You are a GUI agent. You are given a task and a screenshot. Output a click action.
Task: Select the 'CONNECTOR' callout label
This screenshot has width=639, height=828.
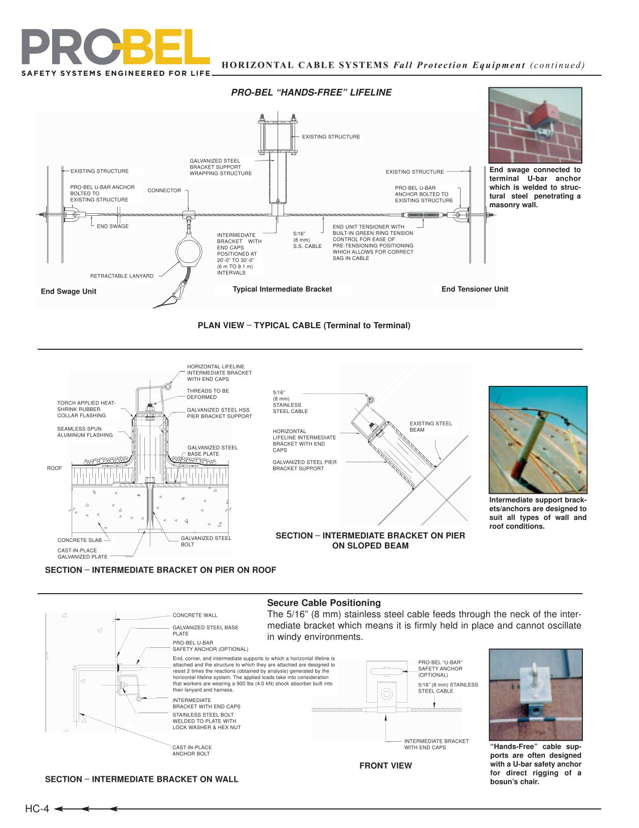(164, 191)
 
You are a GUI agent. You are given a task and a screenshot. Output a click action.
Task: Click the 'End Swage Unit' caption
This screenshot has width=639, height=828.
(68, 292)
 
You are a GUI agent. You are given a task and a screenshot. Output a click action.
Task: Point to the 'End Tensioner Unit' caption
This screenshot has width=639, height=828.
(474, 289)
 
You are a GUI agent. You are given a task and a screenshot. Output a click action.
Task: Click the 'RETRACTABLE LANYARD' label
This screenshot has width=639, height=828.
(122, 276)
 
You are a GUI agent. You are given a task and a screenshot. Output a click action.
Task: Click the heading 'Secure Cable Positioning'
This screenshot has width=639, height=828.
(324, 603)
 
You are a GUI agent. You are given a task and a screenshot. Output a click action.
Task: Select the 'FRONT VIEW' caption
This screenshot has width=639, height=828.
(385, 765)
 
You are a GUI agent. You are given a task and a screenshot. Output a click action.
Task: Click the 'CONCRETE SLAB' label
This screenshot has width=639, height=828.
(79, 540)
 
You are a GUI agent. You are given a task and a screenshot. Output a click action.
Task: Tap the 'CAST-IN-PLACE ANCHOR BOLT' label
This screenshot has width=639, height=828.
(192, 750)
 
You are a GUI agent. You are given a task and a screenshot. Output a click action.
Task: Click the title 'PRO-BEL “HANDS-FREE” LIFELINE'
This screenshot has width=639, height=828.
(311, 92)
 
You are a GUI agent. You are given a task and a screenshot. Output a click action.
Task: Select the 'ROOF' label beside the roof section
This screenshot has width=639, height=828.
(54, 468)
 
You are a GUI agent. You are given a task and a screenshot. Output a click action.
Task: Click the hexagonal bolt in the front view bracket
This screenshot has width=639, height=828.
(386, 694)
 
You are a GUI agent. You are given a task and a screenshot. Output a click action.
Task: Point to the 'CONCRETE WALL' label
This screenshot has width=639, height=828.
(194, 615)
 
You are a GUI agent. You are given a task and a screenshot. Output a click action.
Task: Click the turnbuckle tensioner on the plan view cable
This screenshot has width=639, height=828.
(425, 216)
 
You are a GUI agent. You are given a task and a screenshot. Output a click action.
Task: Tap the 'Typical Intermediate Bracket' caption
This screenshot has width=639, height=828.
(282, 289)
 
